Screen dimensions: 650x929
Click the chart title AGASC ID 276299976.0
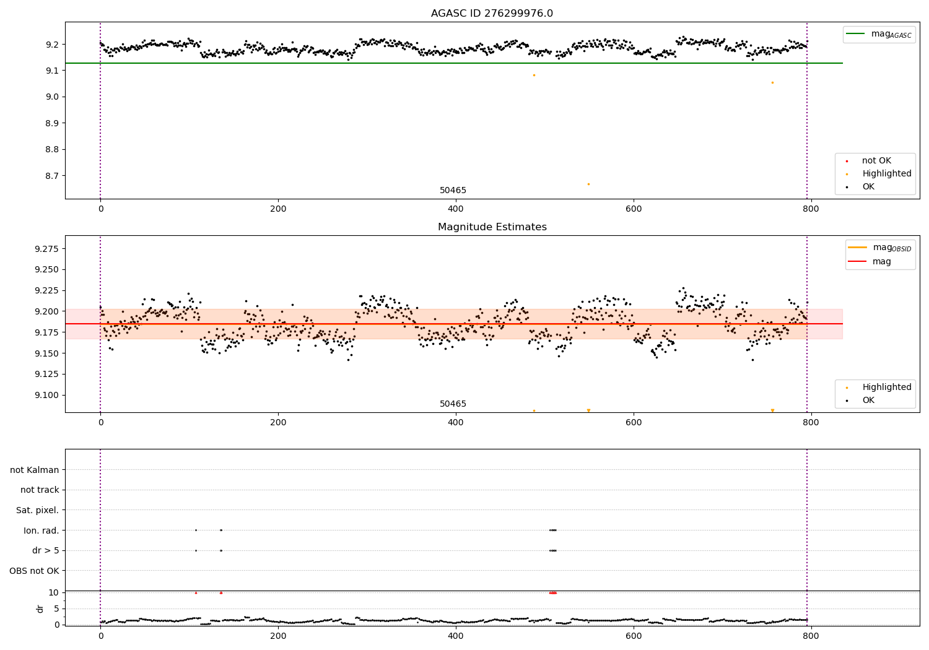coord(492,14)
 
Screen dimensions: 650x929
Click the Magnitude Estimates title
coord(492,227)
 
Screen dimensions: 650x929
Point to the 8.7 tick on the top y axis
coord(51,176)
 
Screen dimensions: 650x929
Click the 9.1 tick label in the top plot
coord(51,71)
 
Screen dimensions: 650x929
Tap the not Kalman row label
coord(35,470)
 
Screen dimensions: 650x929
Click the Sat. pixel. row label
coord(37,510)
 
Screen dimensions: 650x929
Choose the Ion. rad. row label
coord(41,531)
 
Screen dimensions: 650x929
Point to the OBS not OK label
coord(34,571)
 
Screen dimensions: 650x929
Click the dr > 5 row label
coord(45,550)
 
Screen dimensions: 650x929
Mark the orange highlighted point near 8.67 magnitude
coord(588,184)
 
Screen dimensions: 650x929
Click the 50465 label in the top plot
coord(453,191)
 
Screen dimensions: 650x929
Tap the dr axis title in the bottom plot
coord(40,609)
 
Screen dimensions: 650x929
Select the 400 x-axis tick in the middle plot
coord(455,422)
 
